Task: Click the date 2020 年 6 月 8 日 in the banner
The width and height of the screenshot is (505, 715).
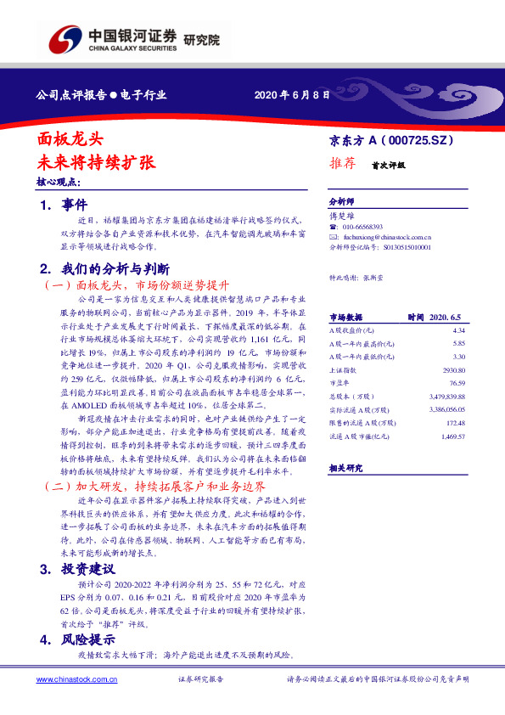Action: coord(292,94)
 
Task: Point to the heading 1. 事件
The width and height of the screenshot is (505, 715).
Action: coord(64,205)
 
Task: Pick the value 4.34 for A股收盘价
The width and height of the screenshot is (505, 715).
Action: coord(460,329)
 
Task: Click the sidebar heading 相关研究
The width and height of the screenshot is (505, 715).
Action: coord(345,468)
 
